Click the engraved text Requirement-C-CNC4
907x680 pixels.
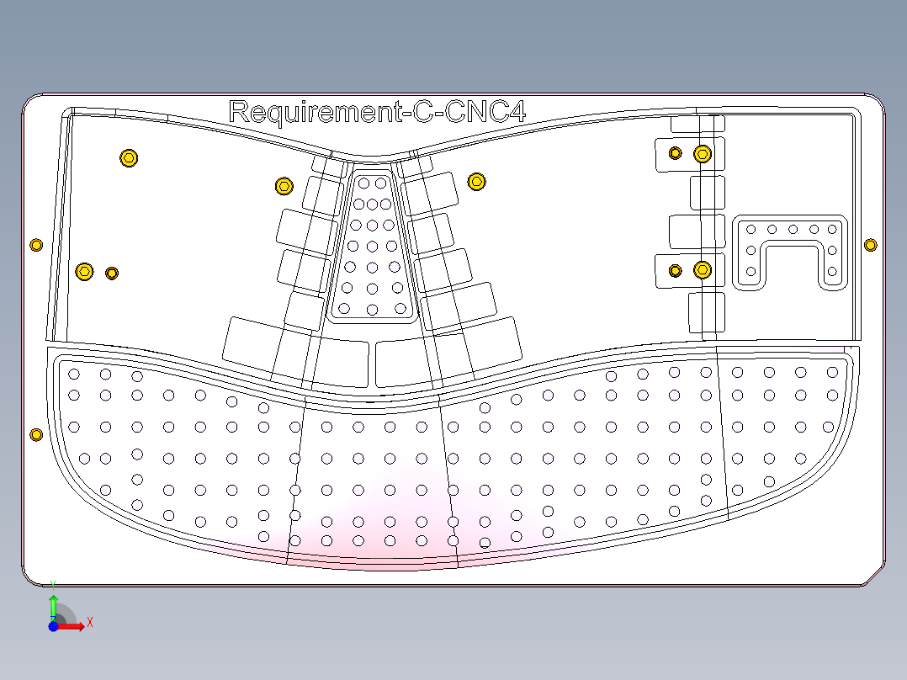(377, 112)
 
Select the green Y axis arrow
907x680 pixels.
(53, 603)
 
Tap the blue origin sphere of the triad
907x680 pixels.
(53, 625)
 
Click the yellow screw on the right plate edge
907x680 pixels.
(870, 245)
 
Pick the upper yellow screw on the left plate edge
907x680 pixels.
(35, 245)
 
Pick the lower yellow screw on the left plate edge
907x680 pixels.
(35, 434)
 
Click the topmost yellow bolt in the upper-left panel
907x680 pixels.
(129, 157)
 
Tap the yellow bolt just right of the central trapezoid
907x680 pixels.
(477, 181)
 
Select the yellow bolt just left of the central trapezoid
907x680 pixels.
(284, 185)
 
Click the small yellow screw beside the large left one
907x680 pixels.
(112, 273)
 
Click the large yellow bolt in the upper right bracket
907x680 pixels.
(703, 153)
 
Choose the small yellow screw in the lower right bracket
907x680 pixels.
(674, 270)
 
